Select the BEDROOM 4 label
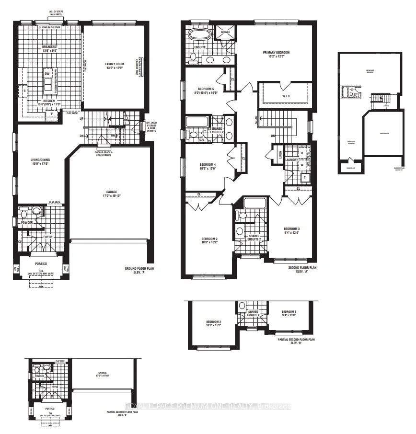(x=208, y=167)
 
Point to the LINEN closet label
(x=280, y=154)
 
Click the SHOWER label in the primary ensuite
(x=225, y=33)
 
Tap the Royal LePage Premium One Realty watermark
(x=208, y=406)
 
